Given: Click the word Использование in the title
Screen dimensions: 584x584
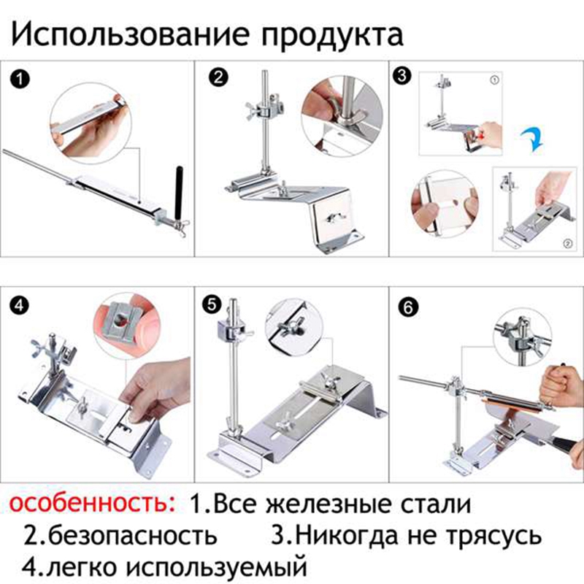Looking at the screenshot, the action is pos(130,34).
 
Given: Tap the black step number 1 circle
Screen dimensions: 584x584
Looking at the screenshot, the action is pos(20,80).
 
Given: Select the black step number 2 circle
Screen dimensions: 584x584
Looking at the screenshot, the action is pos(218,78).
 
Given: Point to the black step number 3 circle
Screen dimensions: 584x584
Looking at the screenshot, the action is pos(402,76).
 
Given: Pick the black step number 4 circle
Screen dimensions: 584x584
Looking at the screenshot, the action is pos(20,305).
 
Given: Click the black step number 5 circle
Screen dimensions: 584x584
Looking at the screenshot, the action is pos(212,304).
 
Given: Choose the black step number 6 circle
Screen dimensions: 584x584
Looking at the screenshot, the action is pos(408,307).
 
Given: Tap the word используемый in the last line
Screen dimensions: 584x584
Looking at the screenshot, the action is pos(216,567).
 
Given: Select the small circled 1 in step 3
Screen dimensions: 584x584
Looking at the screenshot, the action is pos(494,80).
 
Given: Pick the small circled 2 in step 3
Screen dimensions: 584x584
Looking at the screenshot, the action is pos(567,244).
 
